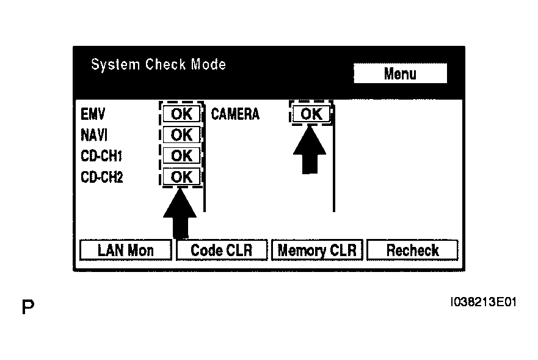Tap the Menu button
pyautogui.click(x=400, y=73)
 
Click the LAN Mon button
pyautogui.click(x=126, y=250)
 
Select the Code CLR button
pyautogui.click(x=221, y=250)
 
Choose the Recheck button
pyautogui.click(x=412, y=250)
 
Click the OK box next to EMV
pyautogui.click(x=181, y=114)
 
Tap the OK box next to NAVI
pyautogui.click(x=181, y=134)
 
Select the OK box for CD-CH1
pyautogui.click(x=181, y=156)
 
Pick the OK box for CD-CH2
pyautogui.click(x=181, y=177)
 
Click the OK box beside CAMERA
pyautogui.click(x=311, y=114)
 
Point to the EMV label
pyautogui.click(x=93, y=114)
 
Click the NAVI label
pyautogui.click(x=94, y=135)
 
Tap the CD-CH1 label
pyautogui.click(x=101, y=156)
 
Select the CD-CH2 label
pyautogui.click(x=101, y=177)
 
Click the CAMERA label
pyautogui.click(x=235, y=114)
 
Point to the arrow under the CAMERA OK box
pyautogui.click(x=310, y=150)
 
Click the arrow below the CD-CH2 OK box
pyautogui.click(x=180, y=213)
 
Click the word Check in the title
pyautogui.click(x=165, y=64)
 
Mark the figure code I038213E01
pyautogui.click(x=484, y=302)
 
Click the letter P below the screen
pyautogui.click(x=28, y=307)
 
